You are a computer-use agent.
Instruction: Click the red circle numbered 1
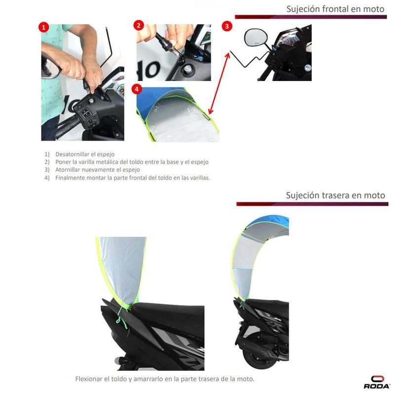point(43,27)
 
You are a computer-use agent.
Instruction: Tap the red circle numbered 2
point(139,26)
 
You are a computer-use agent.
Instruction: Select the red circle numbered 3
point(227,26)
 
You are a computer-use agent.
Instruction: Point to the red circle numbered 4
point(137,89)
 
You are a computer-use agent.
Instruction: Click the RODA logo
point(377,382)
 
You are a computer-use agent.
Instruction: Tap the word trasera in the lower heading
point(336,195)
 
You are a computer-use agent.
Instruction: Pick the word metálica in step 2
point(107,162)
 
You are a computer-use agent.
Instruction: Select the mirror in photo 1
point(50,67)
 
